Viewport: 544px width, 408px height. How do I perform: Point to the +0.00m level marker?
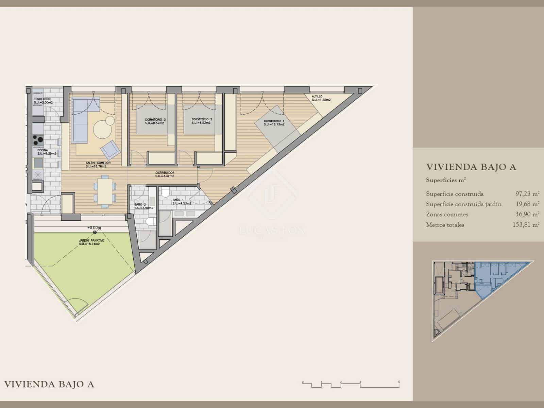coord(94,228)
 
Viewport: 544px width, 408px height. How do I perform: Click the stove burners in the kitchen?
coord(38,139)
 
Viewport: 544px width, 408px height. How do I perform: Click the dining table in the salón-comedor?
coord(105,191)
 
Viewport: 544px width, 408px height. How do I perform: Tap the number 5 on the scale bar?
coord(399,382)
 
